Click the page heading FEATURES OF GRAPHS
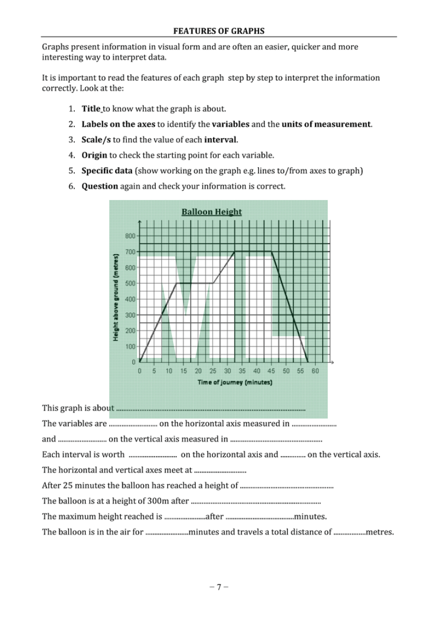coord(218,31)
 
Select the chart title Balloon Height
coord(211,212)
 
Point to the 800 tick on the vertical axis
coord(130,236)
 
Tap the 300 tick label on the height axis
coord(130,315)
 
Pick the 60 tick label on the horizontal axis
coord(315,371)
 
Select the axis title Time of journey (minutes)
coord(235,382)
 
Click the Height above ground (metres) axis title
coord(116,298)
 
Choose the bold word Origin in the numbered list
coord(94,155)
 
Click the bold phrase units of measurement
coord(326,124)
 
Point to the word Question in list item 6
coord(99,186)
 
